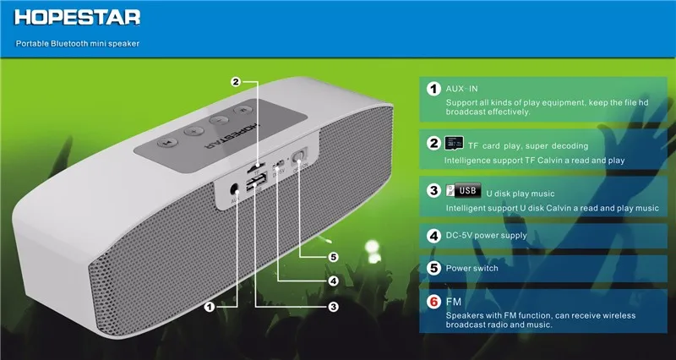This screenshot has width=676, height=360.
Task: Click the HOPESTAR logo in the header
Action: pos(71,17)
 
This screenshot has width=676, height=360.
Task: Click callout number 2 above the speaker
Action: pos(237,82)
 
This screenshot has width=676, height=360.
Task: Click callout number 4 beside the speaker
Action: pos(333,281)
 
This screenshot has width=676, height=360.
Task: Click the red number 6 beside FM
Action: pos(433,301)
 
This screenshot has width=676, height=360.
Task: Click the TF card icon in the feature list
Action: pos(454,145)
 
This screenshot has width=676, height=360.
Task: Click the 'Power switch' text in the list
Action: pos(474,269)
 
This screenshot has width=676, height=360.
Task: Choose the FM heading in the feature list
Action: pos(454,301)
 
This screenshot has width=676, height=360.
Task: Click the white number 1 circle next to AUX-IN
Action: pos(433,89)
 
